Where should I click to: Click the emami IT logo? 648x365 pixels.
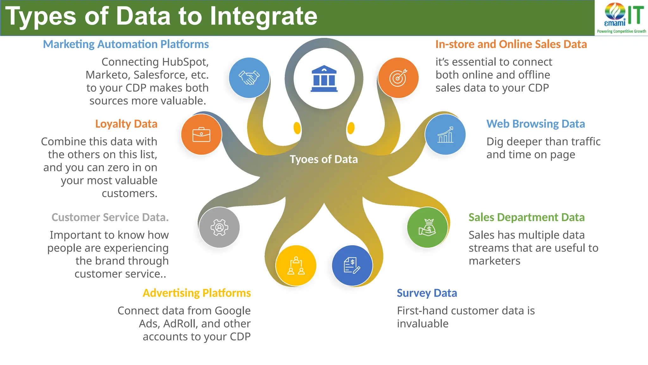(621, 17)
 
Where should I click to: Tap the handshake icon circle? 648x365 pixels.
(249, 78)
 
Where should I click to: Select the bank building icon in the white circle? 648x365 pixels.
(324, 79)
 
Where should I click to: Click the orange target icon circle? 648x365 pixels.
(398, 78)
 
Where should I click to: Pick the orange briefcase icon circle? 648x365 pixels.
(201, 135)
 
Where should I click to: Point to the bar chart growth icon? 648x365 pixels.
(445, 135)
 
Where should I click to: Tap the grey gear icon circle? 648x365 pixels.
(219, 227)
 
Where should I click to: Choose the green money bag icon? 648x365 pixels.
(427, 227)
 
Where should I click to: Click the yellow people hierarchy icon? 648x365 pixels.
(296, 266)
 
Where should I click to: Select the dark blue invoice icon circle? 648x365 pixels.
(352, 266)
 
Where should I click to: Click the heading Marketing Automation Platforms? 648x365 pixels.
(126, 44)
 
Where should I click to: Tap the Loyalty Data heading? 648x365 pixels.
(126, 124)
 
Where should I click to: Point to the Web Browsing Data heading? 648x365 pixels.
(535, 124)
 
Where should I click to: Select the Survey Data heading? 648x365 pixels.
(427, 293)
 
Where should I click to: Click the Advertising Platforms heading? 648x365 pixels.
(196, 293)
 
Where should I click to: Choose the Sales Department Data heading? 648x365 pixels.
(526, 217)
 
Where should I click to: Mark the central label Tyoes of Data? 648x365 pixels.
(324, 159)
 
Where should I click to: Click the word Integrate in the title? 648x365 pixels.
(264, 16)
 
